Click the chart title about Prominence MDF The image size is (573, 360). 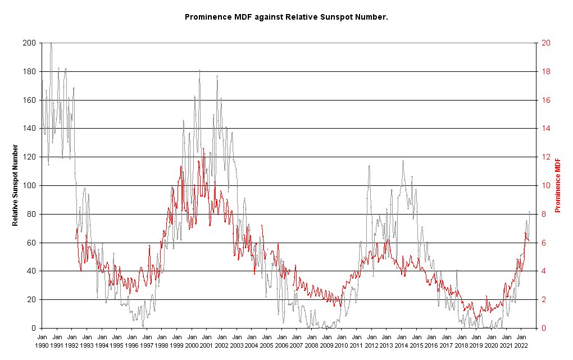(286, 17)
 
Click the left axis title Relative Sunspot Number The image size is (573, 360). (16, 185)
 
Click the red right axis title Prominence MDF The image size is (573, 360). (558, 185)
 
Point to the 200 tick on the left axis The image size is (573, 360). (30, 43)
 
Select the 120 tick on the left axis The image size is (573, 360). (30, 157)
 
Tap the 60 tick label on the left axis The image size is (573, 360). (32, 243)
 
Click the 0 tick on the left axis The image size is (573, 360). (34, 328)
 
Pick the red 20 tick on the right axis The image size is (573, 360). (545, 43)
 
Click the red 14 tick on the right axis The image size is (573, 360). (545, 129)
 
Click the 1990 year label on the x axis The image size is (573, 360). (42, 345)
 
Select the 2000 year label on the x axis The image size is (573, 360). (192, 345)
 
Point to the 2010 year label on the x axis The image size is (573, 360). (341, 345)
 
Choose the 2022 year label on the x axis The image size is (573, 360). (521, 345)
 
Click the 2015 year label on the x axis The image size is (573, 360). (416, 345)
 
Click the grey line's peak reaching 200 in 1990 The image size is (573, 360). (51, 43)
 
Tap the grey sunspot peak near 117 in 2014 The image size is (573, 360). (403, 161)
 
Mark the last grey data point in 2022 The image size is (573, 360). (529, 212)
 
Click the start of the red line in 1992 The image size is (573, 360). (76, 239)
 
